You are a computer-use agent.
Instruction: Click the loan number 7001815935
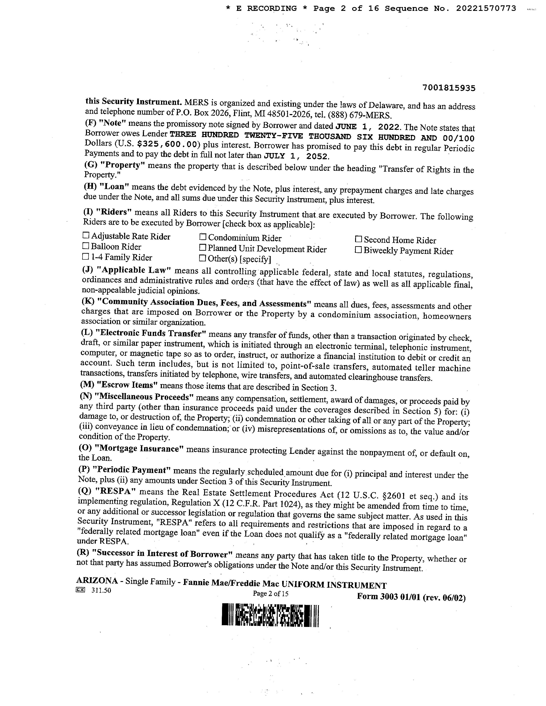point(449,88)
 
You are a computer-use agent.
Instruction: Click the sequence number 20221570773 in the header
point(486,9)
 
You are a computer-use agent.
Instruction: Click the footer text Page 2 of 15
point(270,593)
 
